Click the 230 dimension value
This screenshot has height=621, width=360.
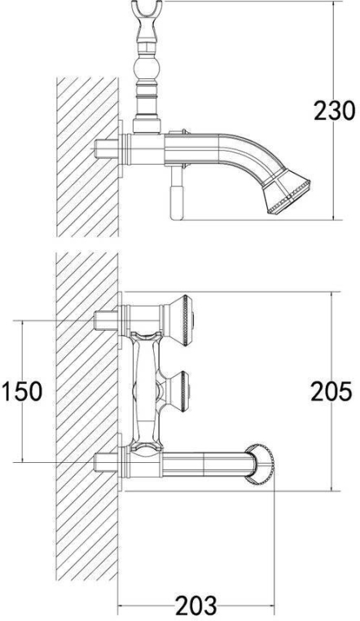pos(334,111)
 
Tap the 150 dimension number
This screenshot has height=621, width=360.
pos(22,391)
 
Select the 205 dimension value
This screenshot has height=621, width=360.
pos(331,391)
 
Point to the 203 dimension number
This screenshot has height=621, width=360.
pos(195,606)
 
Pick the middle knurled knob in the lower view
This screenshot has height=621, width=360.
pos(180,391)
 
